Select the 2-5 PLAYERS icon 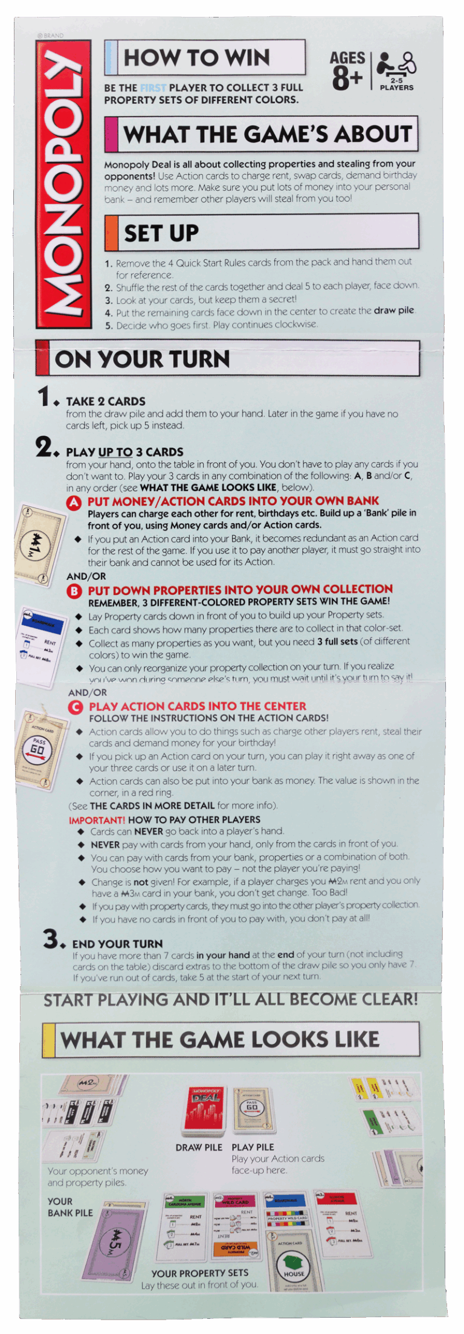(x=396, y=71)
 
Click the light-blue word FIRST (x=153, y=88)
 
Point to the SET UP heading (x=161, y=233)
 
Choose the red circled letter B (x=74, y=591)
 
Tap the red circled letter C (x=76, y=707)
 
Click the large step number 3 (x=52, y=939)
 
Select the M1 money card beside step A (x=40, y=545)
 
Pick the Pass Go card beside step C (x=42, y=749)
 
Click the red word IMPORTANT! (x=97, y=820)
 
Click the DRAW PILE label (x=199, y=1147)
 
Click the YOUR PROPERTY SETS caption (x=199, y=1273)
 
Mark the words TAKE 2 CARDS (x=106, y=402)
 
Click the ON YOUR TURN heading (x=143, y=359)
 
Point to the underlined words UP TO (x=115, y=453)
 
